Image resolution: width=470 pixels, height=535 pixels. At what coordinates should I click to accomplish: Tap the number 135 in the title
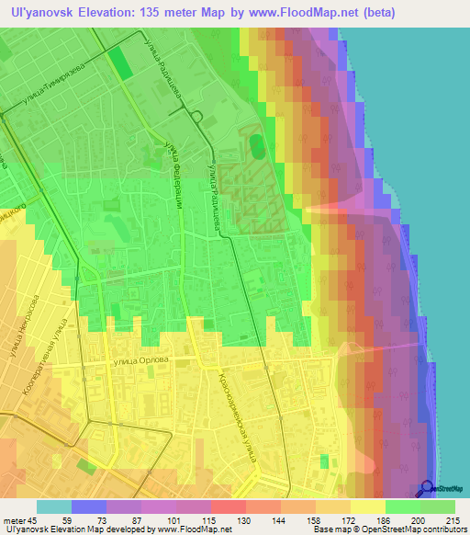(x=185, y=13)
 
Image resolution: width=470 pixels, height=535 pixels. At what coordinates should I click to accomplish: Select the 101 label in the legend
(x=159, y=520)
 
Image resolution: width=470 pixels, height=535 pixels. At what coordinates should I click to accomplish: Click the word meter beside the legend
(x=19, y=520)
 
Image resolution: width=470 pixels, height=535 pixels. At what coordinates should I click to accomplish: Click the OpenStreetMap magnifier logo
(x=429, y=489)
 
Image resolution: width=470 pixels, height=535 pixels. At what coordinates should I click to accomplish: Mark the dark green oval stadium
(x=256, y=146)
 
